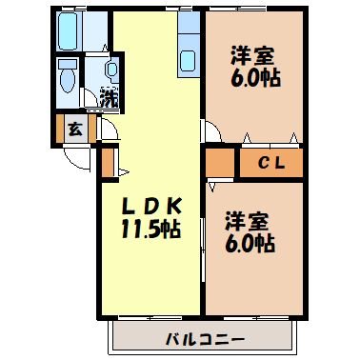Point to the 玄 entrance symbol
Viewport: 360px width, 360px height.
tap(73, 130)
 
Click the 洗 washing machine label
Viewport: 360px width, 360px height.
tap(110, 97)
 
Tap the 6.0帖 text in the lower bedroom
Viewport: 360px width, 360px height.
tap(250, 244)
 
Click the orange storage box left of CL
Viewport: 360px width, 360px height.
tap(218, 162)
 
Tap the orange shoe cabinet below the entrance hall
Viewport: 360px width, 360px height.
tap(108, 163)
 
